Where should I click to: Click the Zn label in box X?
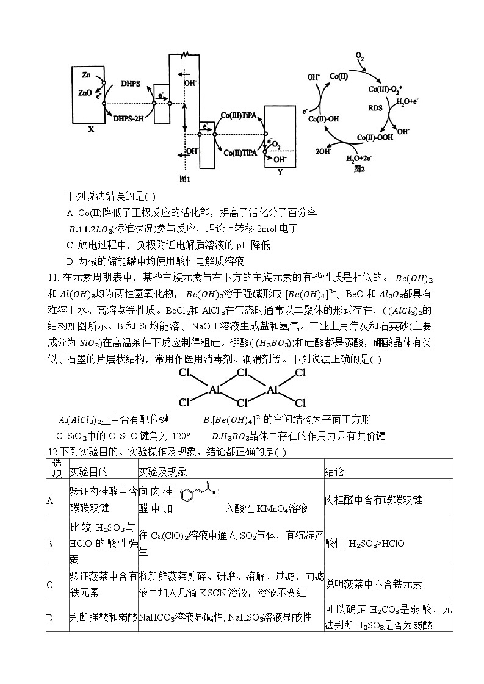pyautogui.click(x=85, y=74)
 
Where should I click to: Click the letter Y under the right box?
pyautogui.click(x=280, y=172)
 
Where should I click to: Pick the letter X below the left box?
pyautogui.click(x=91, y=129)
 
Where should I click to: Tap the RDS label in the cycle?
pyautogui.click(x=376, y=108)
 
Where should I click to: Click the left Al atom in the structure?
pyautogui.click(x=214, y=389)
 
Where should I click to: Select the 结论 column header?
pyautogui.click(x=334, y=472)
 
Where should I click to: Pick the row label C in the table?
pyautogui.click(x=50, y=584)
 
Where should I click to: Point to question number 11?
pyautogui.click(x=51, y=278)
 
